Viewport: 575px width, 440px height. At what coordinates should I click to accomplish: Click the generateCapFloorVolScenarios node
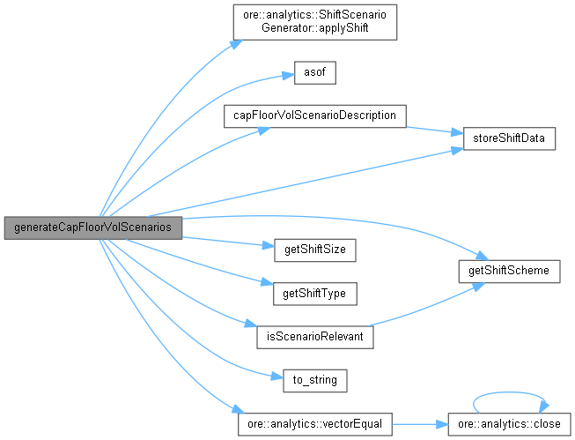coord(92,227)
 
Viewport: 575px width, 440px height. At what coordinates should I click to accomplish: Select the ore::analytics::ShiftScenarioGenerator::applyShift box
coord(315,20)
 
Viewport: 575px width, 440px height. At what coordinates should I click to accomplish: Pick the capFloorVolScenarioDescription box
coord(315,116)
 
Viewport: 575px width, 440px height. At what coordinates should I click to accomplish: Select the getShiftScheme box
coord(509,271)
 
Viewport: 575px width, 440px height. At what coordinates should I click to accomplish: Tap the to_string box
coord(315,380)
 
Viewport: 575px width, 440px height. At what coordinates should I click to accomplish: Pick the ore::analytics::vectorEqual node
coord(315,424)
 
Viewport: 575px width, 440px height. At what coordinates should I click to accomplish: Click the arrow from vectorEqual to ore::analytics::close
coord(419,424)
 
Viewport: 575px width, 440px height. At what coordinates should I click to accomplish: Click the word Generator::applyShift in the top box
coord(315,27)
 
